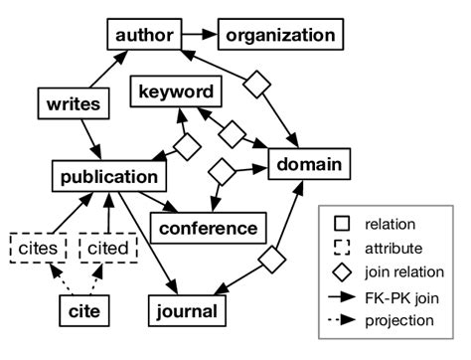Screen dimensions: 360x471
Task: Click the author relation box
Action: (143, 36)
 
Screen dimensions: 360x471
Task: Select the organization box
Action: (279, 36)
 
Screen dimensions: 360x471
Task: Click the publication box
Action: (108, 178)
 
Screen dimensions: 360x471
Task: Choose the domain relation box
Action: (308, 163)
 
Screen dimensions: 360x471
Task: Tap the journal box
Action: (186, 312)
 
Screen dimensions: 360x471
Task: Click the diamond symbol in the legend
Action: (341, 272)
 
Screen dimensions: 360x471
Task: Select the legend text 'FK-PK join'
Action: (406, 296)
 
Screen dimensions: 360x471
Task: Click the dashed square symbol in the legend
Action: (341, 249)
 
